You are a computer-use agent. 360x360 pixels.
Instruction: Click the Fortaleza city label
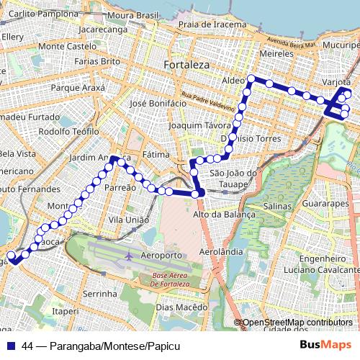point(186,65)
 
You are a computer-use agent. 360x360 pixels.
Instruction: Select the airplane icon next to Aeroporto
point(129,256)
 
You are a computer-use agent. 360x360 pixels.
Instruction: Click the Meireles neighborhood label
point(277,53)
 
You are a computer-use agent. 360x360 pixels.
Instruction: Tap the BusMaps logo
point(326,346)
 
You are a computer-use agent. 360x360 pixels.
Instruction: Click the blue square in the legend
point(11,346)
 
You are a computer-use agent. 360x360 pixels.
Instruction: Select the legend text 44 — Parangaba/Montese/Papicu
point(101,346)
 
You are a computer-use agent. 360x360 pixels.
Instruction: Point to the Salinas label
point(277,206)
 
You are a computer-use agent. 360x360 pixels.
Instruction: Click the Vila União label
point(128,220)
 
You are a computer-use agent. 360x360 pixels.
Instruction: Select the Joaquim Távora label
point(193,125)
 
